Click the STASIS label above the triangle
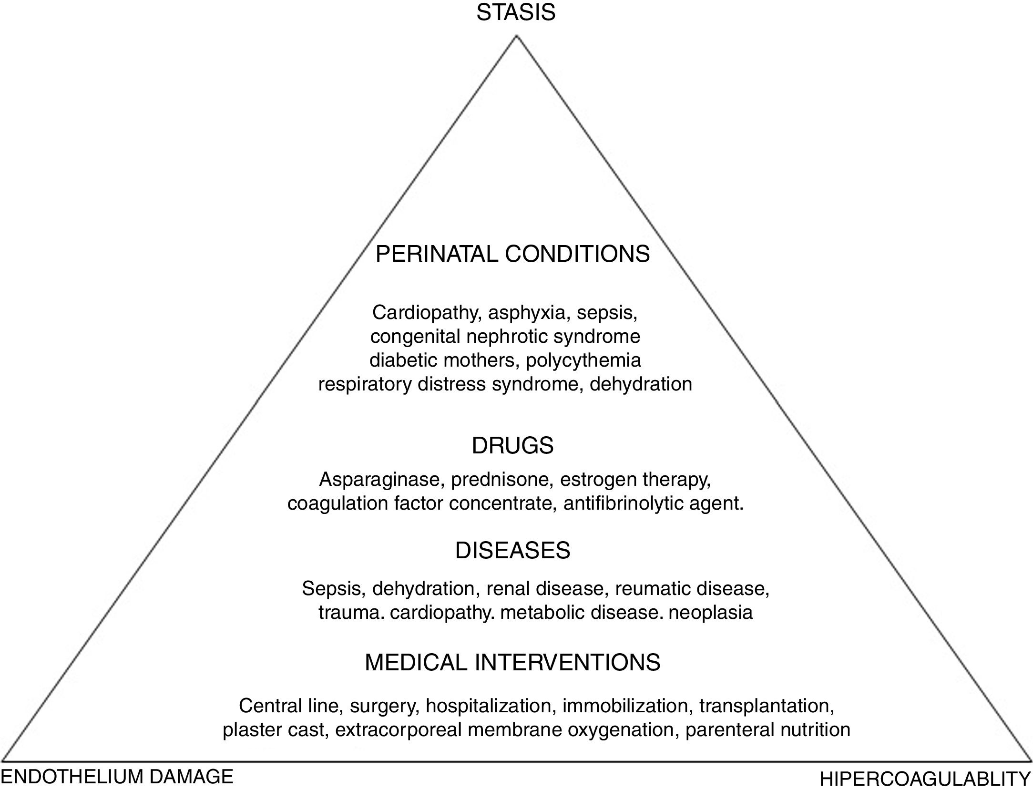[516, 12]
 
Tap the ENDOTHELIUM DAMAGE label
[117, 777]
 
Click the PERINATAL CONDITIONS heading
[512, 254]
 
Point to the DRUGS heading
[512, 446]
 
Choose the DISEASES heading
[512, 551]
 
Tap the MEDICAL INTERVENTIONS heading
[512, 663]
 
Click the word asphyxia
[526, 313]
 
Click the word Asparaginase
[379, 479]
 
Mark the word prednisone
[501, 479]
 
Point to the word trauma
[351, 612]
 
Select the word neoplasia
[710, 612]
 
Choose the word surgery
[384, 706]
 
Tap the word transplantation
[767, 706]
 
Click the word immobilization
[625, 706]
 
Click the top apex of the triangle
[516, 37]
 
